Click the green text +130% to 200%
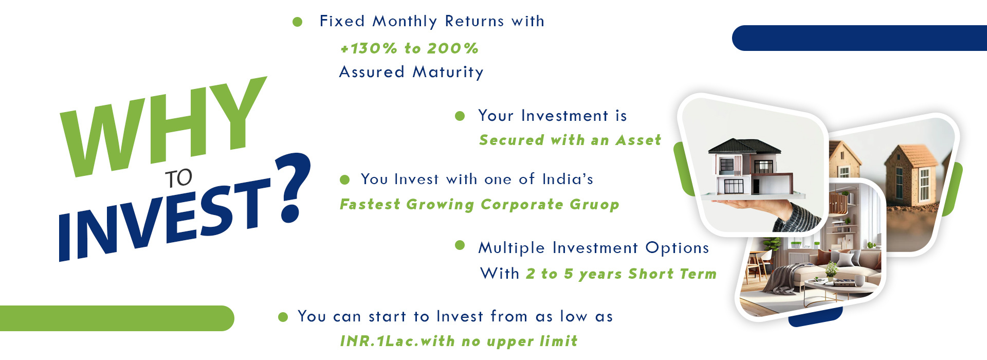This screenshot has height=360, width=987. coord(409,48)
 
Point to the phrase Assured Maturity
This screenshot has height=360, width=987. coord(411,72)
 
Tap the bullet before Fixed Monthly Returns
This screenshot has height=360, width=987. coord(297,22)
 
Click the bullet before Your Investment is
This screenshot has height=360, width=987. coord(460,116)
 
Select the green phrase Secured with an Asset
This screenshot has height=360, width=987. coord(570,140)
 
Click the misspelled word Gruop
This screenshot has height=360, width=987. coord(594,205)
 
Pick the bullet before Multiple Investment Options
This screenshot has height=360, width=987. coord(460,245)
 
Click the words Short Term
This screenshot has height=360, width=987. coord(672,274)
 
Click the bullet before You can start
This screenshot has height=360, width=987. coord(283,317)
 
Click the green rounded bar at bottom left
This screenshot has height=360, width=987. coord(117,318)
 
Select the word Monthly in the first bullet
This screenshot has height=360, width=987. coord(405,22)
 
